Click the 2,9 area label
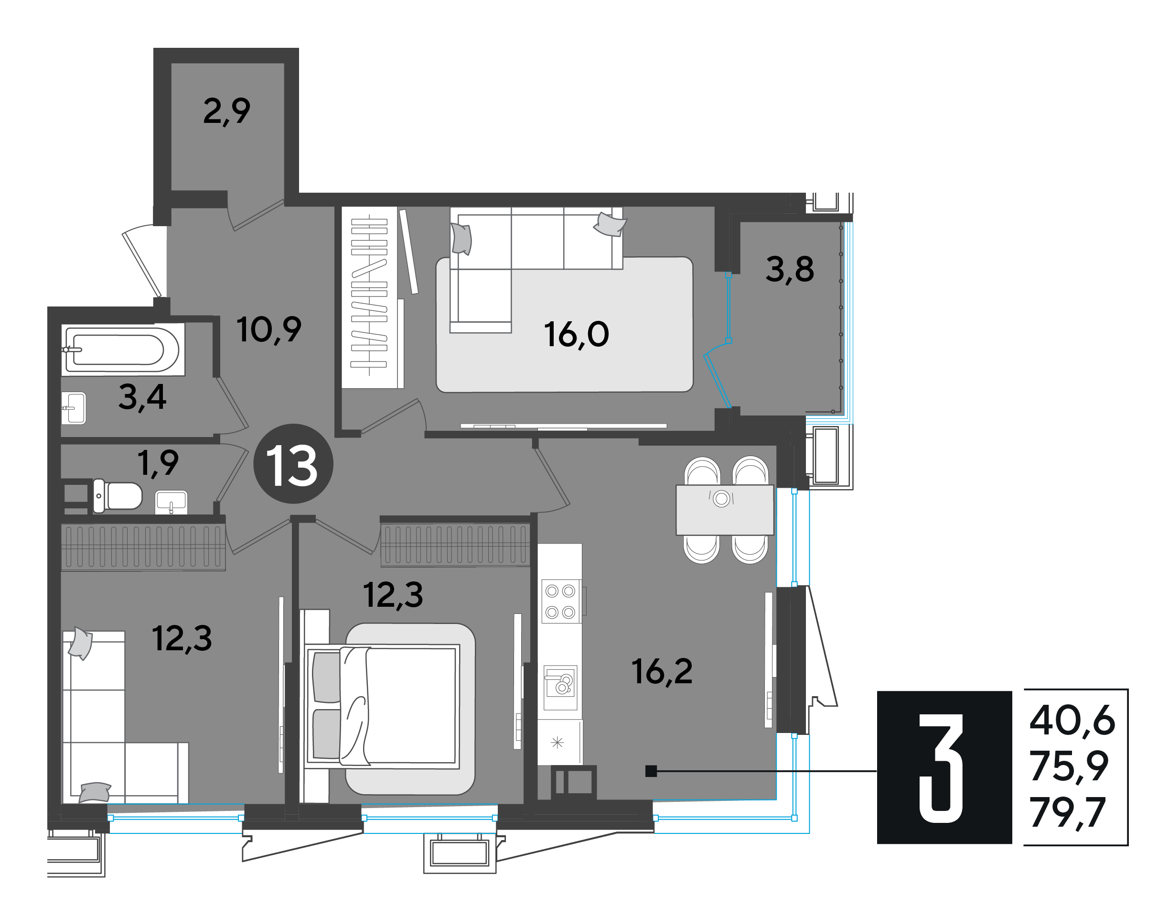tap(226, 111)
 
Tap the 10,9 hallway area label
tap(269, 329)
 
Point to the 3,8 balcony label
tap(789, 269)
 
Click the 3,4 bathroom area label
tap(142, 397)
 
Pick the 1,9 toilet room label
tap(158, 463)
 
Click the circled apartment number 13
tap(293, 464)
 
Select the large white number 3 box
tap(944, 767)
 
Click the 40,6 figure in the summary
tap(1072, 721)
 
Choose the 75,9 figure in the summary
tap(1069, 766)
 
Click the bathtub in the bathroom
tap(123, 349)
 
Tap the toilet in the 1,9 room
tap(118, 496)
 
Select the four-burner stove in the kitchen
tap(561, 601)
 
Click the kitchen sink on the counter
tap(560, 688)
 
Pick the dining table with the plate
tap(725, 510)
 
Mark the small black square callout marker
tap(651, 771)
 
